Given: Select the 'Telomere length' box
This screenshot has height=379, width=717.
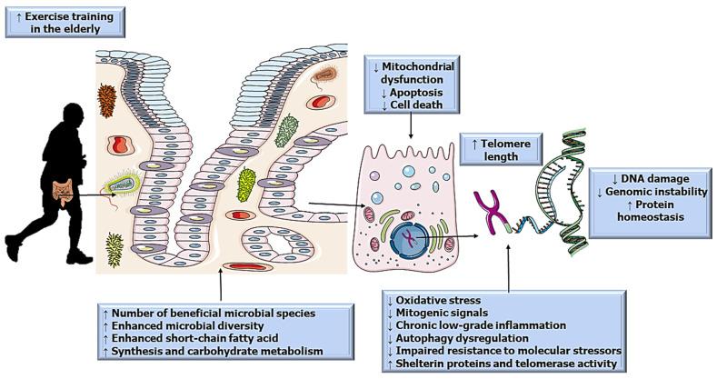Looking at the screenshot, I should coord(502,147).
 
